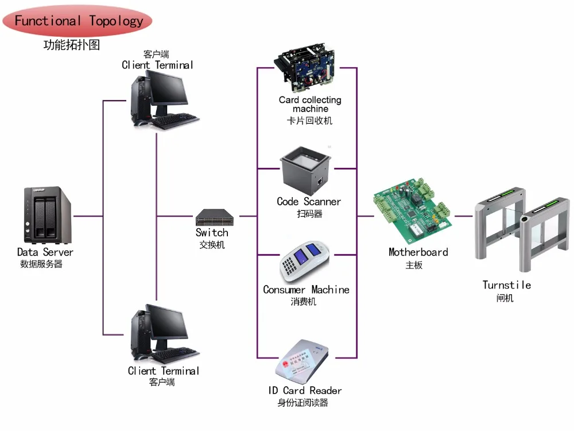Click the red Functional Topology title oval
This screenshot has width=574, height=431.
77,21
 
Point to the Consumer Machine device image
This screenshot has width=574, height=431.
305,261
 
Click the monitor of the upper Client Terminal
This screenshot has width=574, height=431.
166,91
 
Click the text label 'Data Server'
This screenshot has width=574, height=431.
45,252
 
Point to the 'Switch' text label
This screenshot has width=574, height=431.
212,233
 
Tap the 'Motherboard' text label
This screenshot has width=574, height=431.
418,252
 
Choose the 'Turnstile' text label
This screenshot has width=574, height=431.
506,285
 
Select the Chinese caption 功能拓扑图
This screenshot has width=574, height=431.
72,45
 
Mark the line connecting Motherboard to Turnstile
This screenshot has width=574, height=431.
464,216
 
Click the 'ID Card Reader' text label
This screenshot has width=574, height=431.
305,391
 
